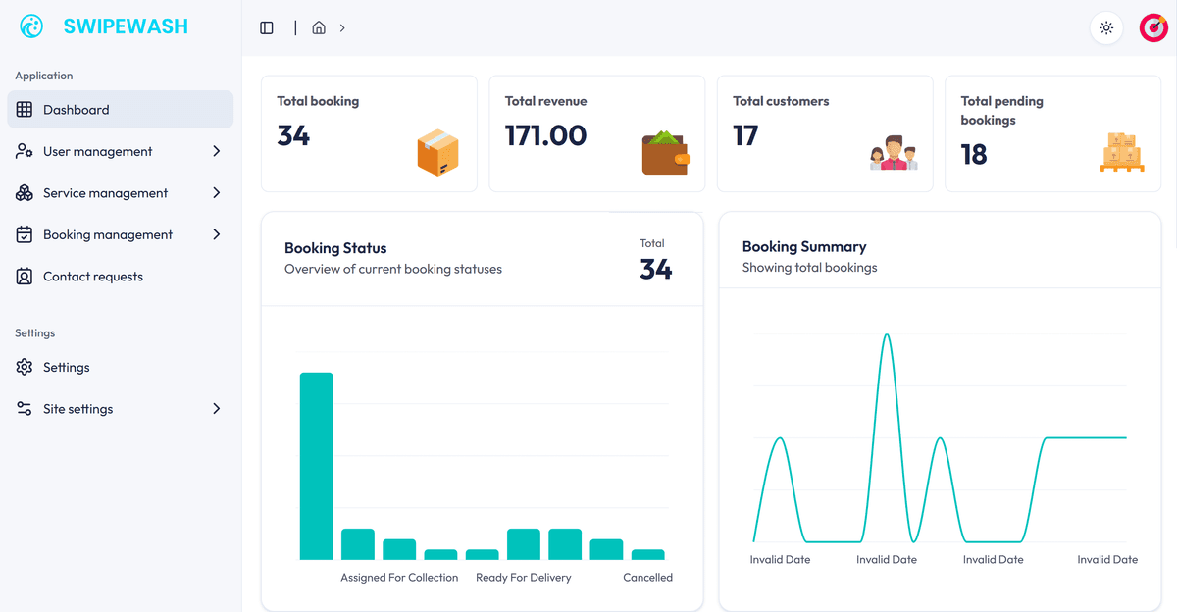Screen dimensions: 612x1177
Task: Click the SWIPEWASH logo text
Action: coord(125,27)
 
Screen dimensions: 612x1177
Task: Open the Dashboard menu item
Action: coord(77,110)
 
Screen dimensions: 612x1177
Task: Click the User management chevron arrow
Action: coord(216,151)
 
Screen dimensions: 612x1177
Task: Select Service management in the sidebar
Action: coord(105,193)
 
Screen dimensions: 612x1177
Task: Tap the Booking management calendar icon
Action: coord(25,234)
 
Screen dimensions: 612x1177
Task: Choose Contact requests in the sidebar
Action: coord(93,277)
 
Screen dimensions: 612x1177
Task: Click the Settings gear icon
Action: coord(25,367)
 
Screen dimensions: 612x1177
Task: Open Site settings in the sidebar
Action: coord(78,409)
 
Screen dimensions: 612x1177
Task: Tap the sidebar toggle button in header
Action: coord(267,27)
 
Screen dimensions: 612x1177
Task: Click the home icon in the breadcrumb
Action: coord(319,27)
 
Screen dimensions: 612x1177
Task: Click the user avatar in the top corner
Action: coord(1152,27)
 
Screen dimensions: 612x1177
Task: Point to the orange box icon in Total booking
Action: coord(437,153)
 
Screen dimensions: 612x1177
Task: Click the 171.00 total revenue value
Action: coord(545,135)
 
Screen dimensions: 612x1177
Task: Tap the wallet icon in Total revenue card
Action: coord(665,153)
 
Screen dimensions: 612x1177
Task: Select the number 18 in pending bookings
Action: coord(974,154)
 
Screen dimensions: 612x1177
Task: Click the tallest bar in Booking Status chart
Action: coord(316,466)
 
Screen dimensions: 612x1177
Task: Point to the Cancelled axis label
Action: coord(647,578)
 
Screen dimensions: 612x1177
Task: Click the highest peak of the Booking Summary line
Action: coord(887,336)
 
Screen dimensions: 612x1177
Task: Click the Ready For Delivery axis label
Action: coord(523,578)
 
